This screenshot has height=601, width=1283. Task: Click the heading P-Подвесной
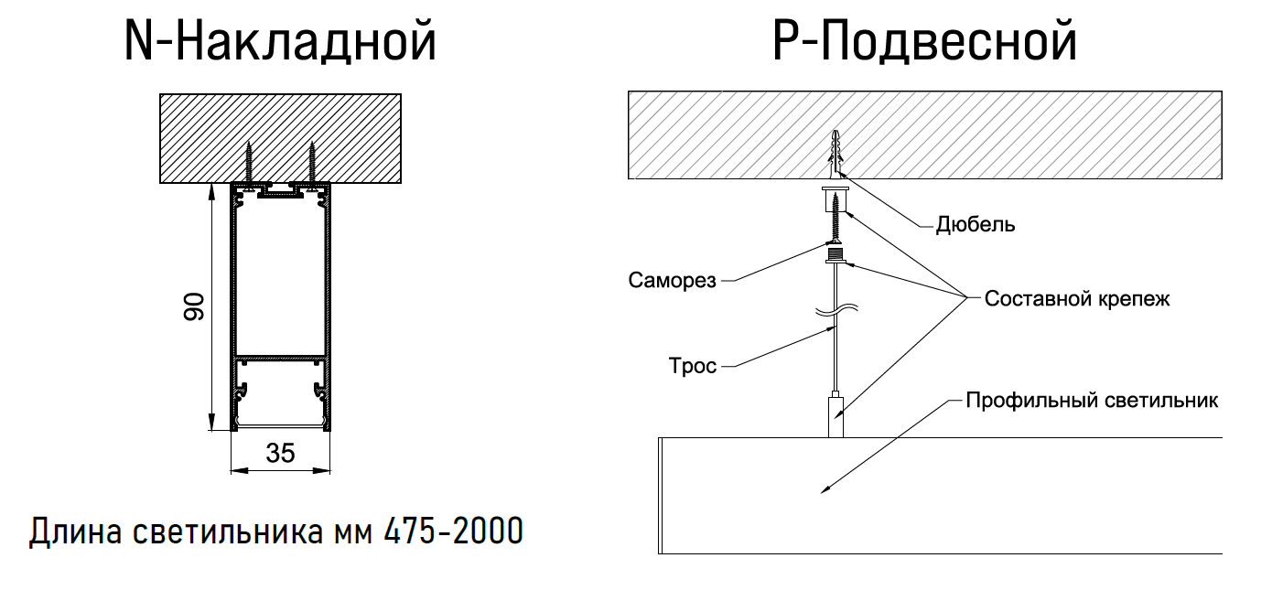pyautogui.click(x=925, y=43)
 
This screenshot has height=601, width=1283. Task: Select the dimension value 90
pyautogui.click(x=194, y=307)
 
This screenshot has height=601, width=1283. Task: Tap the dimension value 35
pyautogui.click(x=280, y=452)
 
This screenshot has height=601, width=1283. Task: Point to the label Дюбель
pyautogui.click(x=975, y=225)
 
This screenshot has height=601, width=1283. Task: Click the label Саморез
pyautogui.click(x=672, y=280)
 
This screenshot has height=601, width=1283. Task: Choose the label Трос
pyautogui.click(x=693, y=367)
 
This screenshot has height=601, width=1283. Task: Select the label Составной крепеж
pyautogui.click(x=1076, y=299)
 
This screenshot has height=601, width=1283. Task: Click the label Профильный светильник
pyautogui.click(x=1093, y=401)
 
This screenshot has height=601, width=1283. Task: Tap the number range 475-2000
pyautogui.click(x=453, y=531)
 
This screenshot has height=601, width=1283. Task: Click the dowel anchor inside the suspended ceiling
pyautogui.click(x=836, y=154)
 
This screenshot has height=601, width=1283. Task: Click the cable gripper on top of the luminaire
pyautogui.click(x=836, y=415)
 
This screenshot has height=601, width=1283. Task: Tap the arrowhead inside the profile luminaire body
pyautogui.click(x=825, y=491)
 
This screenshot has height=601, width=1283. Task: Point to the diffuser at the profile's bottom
pyautogui.click(x=280, y=426)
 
